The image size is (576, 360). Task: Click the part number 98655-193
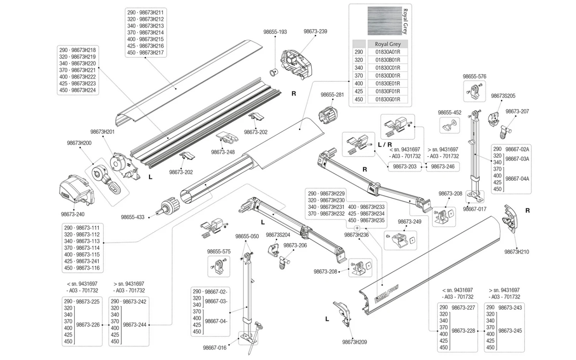coord(275,32)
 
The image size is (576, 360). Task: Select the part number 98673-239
coord(315,31)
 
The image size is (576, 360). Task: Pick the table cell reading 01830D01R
coord(387,76)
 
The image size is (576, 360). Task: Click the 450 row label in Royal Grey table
coord(359,99)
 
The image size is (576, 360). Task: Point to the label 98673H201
coord(103,132)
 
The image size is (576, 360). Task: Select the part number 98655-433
coord(132,217)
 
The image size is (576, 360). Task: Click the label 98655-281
coord(332,95)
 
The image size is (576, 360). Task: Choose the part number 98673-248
coord(223,152)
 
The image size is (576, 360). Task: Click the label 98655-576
coord(474,76)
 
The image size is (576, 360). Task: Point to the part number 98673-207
coord(517,112)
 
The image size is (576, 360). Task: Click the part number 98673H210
coord(516,252)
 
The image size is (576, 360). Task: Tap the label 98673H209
coord(354,342)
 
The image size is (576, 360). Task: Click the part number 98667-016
coord(215,348)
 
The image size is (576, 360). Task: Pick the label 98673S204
coord(278,235)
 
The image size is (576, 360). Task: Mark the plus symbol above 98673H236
coord(357,228)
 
